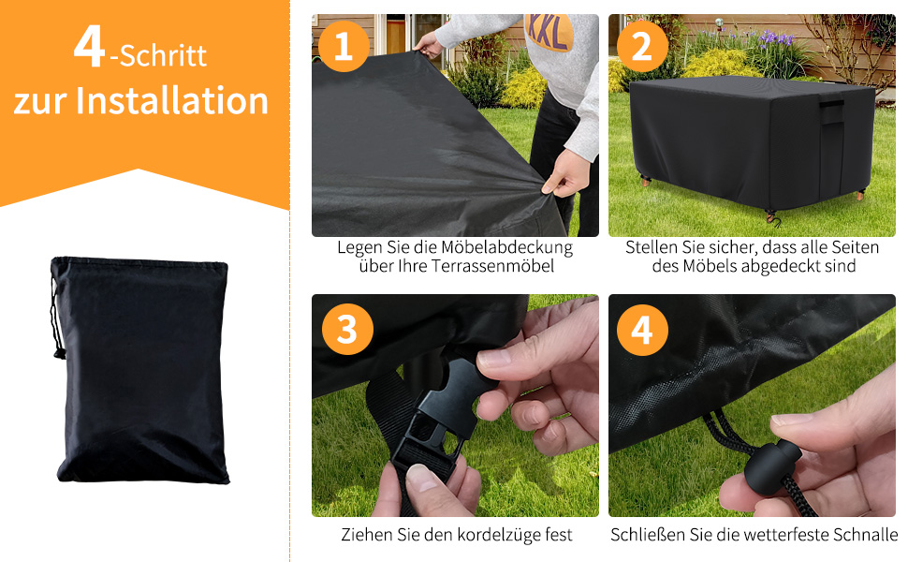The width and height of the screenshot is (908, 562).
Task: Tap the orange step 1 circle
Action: pyautogui.click(x=343, y=47)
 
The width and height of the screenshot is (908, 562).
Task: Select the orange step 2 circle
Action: pyautogui.click(x=641, y=47)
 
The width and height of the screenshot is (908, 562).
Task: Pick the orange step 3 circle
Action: pyautogui.click(x=346, y=329)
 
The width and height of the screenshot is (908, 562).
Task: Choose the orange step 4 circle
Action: pyautogui.click(x=641, y=329)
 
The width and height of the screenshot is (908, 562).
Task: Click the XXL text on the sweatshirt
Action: pyautogui.click(x=549, y=32)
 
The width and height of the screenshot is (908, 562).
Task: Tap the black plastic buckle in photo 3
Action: pyautogui.click(x=440, y=421)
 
